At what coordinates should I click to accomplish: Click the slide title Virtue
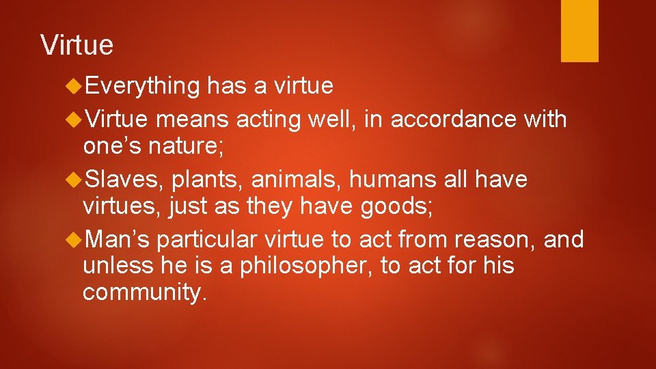pos(77,45)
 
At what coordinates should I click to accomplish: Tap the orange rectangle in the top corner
pos(579,30)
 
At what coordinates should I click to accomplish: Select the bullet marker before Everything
pos(75,86)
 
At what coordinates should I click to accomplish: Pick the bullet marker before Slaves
pos(75,179)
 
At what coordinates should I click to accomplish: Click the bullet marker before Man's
pos(75,239)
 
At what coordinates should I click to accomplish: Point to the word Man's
pos(120,239)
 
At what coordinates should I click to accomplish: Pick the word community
pos(143,292)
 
